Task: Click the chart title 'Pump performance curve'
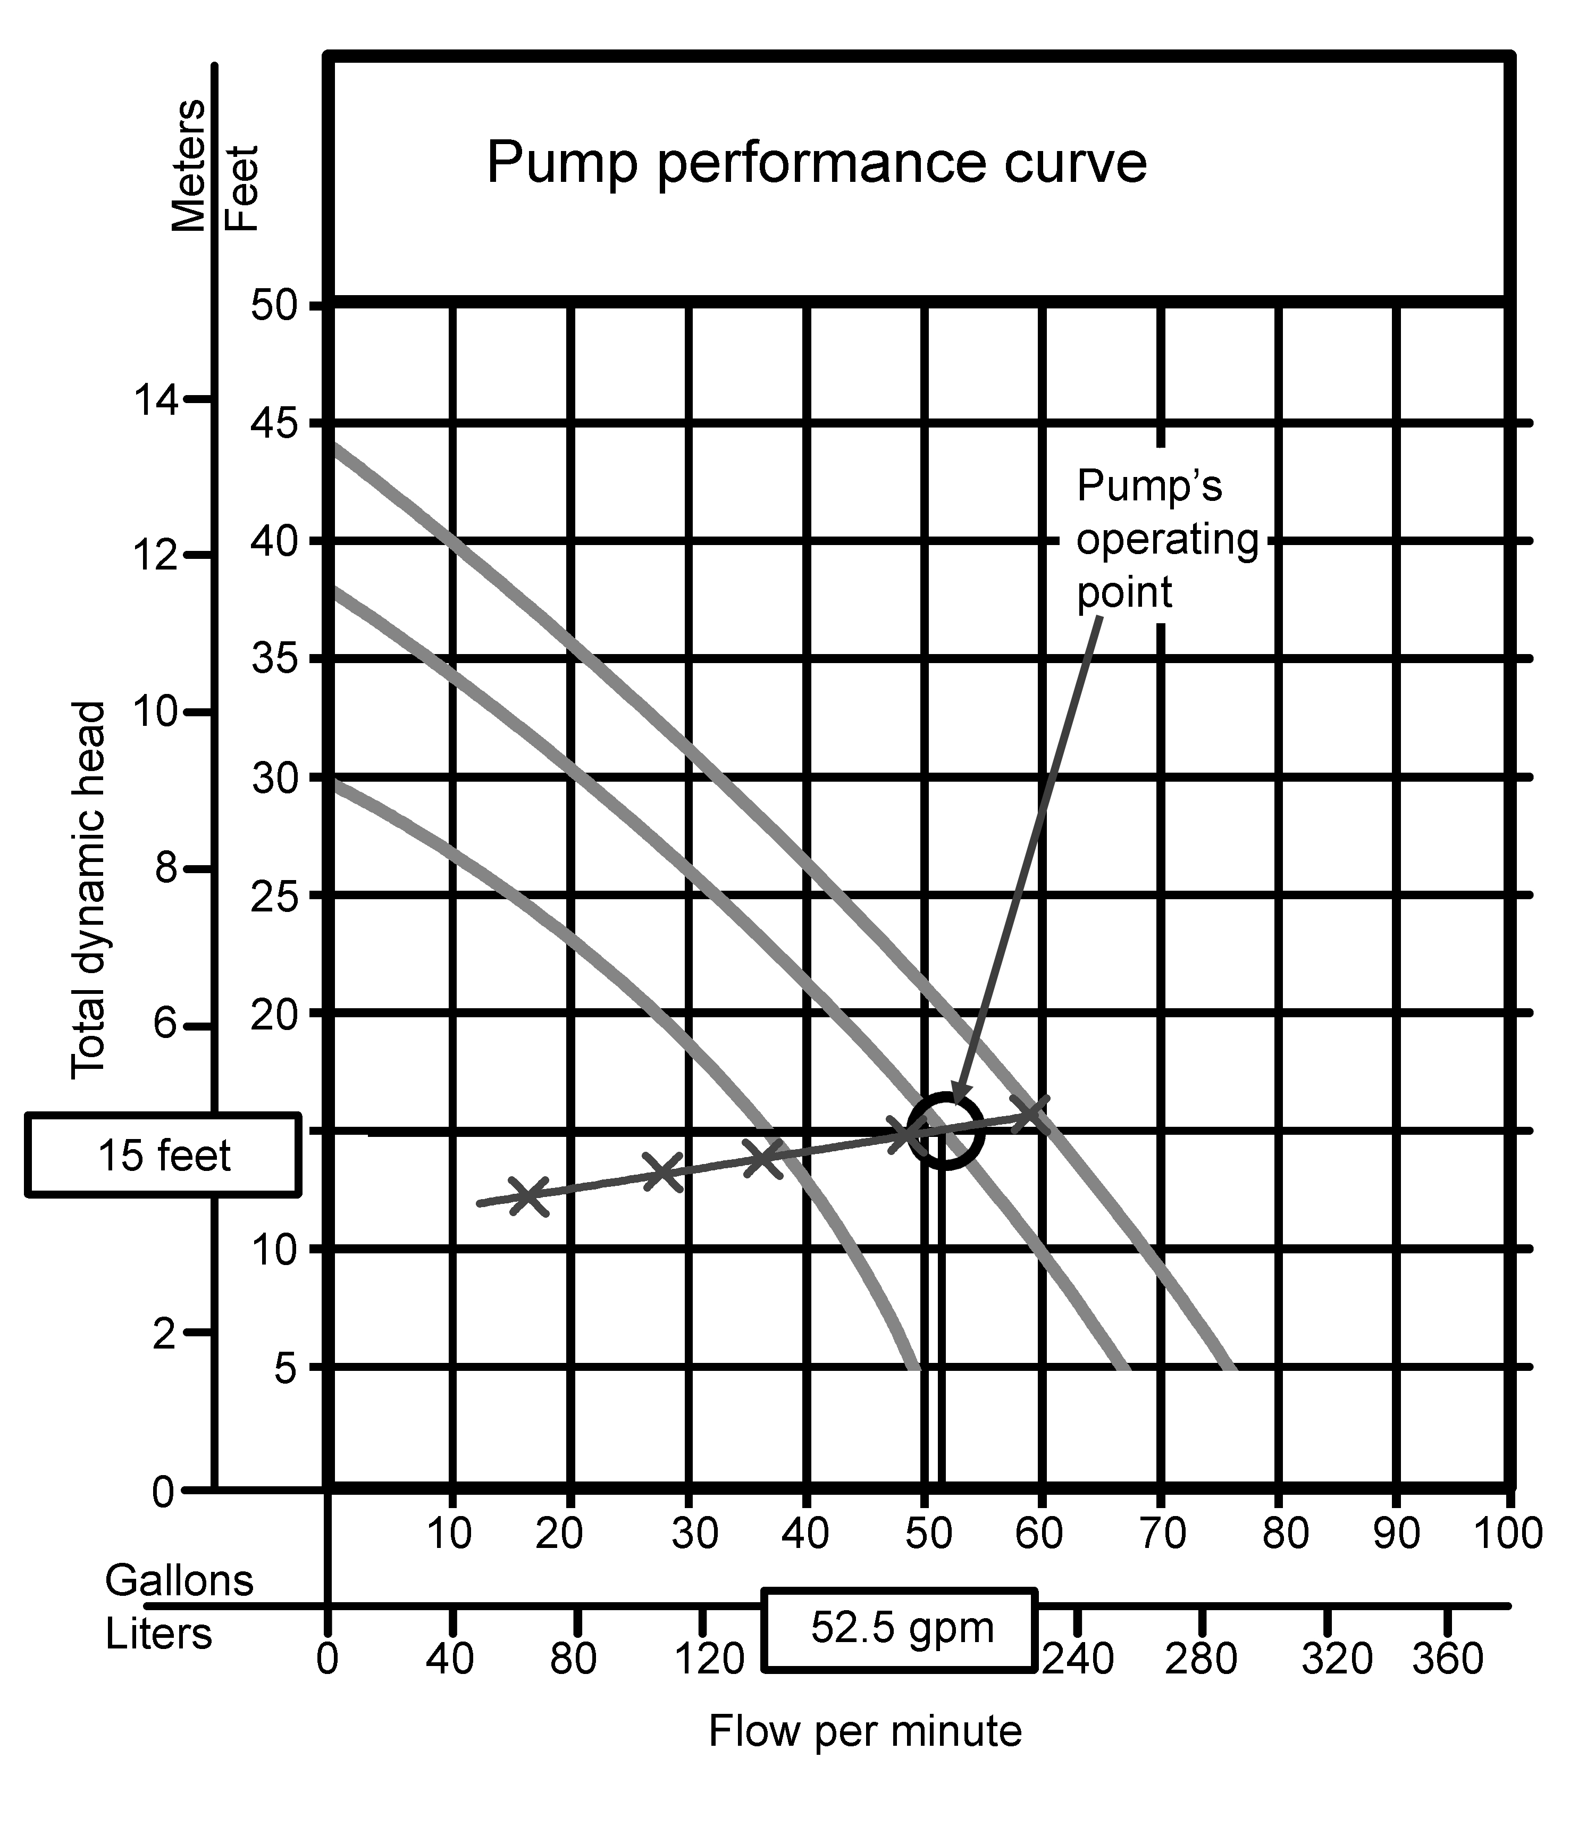(816, 164)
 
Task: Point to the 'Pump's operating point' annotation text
(1167, 540)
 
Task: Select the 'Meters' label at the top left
(188, 165)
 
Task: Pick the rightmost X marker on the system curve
(1032, 1114)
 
